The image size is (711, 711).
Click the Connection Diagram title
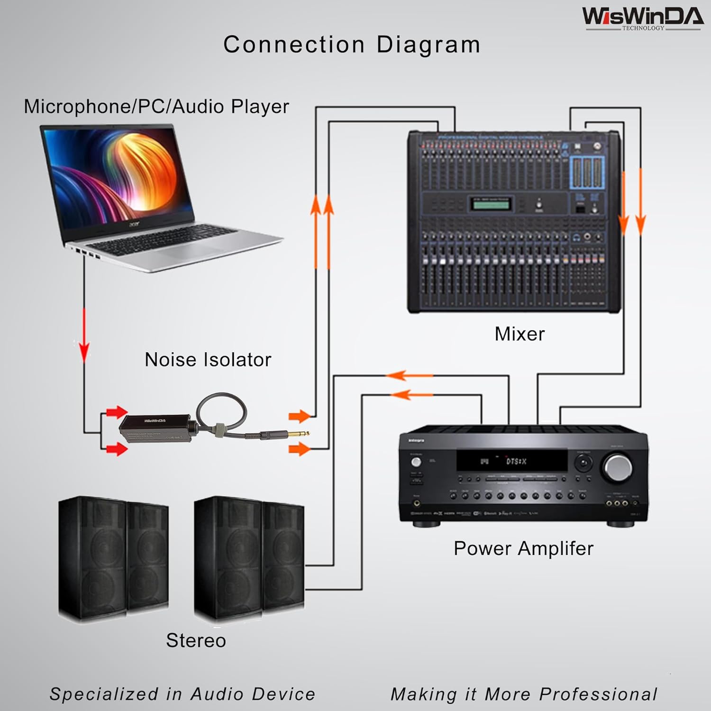[x=352, y=45]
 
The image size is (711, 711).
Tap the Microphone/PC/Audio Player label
[x=156, y=107]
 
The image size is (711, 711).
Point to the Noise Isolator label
[x=208, y=360]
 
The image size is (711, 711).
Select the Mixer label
[x=520, y=334]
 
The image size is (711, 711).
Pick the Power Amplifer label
[x=523, y=548]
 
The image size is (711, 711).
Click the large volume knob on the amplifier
[x=618, y=467]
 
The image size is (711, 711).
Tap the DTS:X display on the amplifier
[x=515, y=461]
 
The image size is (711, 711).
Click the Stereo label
[x=196, y=640]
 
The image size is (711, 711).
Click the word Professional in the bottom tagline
[x=598, y=694]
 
